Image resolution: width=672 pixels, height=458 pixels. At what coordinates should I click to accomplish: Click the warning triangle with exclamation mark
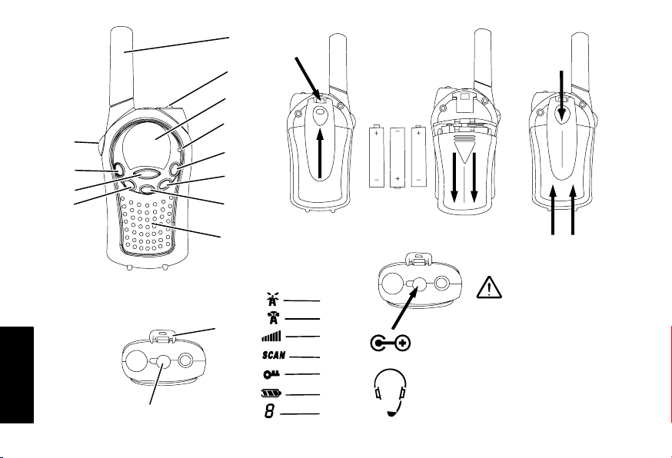(x=488, y=287)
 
